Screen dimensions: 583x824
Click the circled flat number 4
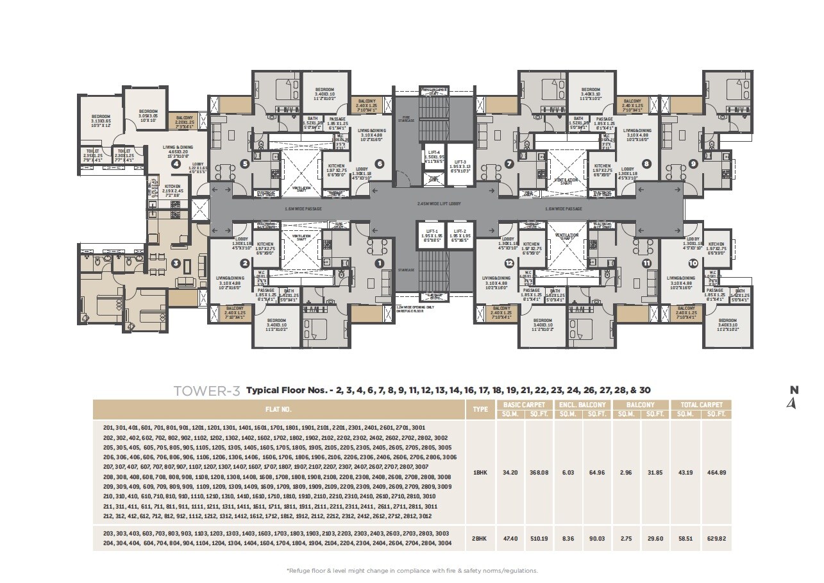tap(176, 164)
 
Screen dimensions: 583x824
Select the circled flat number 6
tap(380, 164)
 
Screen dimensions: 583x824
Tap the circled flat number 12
tap(509, 263)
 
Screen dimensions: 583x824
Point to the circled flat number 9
tap(693, 164)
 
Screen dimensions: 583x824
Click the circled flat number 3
tap(176, 263)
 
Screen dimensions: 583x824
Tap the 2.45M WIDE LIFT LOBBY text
tap(439, 203)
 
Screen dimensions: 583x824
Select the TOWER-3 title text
tap(207, 391)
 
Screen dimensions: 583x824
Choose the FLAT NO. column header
tap(279, 409)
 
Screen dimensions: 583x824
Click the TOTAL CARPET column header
tap(701, 405)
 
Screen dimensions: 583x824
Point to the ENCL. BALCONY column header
tap(582, 405)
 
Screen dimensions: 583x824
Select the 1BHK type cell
tap(480, 472)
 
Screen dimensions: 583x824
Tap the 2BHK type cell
tap(480, 539)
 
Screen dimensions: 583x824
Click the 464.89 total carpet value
tap(716, 472)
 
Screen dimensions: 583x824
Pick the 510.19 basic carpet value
tap(539, 539)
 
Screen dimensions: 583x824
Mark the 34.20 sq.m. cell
tap(510, 472)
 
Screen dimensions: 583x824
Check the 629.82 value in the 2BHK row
tap(716, 539)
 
